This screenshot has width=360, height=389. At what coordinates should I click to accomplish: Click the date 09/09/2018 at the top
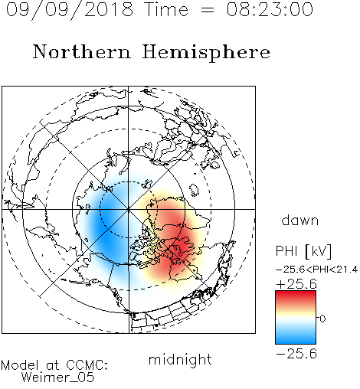tap(70, 10)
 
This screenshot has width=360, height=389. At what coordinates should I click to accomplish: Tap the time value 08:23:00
tap(270, 10)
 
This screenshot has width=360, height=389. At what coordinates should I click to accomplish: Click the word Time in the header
tap(166, 10)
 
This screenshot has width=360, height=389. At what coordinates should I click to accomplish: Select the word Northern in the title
tap(82, 51)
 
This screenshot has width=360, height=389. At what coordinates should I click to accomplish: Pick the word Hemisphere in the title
tap(206, 53)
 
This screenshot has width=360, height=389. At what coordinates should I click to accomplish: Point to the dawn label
tap(300, 220)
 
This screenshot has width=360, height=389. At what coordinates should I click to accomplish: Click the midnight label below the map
tap(180, 360)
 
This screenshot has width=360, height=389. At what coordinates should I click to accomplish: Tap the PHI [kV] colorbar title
tap(303, 251)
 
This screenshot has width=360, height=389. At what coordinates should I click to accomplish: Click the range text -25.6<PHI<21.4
tap(316, 270)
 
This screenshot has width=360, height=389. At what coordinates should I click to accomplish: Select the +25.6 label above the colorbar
tap(296, 284)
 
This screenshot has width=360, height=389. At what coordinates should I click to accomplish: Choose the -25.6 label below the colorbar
tap(296, 354)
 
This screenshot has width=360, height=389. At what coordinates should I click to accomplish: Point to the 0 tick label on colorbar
tap(322, 319)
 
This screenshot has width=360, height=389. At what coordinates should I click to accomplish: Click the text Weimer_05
tap(58, 378)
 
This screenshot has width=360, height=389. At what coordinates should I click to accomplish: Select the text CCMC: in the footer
tap(87, 365)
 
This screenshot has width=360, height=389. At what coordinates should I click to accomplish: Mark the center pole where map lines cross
tap(129, 209)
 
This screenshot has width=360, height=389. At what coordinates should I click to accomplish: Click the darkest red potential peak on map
tap(180, 247)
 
